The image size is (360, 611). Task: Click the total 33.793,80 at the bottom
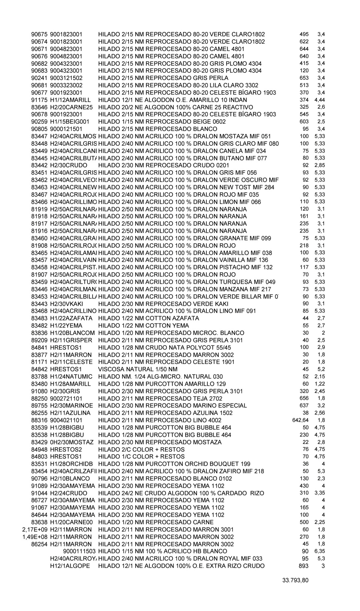pos(295,580)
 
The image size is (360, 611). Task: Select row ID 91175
pos(39,100)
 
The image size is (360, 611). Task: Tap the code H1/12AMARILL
pos(70,100)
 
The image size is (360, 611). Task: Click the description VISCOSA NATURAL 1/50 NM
pos(138,369)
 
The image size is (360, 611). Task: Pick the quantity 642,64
pos(300,420)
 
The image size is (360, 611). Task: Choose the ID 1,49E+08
pos(35,537)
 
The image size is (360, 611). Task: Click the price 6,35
pos(319,551)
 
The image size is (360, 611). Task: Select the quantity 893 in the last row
pos(304,566)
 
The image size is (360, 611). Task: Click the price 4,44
pos(319,100)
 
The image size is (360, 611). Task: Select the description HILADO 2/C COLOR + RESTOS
pos(141,449)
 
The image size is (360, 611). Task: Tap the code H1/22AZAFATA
pos(71,318)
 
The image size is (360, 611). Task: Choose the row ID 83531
pos(39,464)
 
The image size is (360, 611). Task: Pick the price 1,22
pos(319,384)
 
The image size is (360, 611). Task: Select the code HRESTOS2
pos(66,449)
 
